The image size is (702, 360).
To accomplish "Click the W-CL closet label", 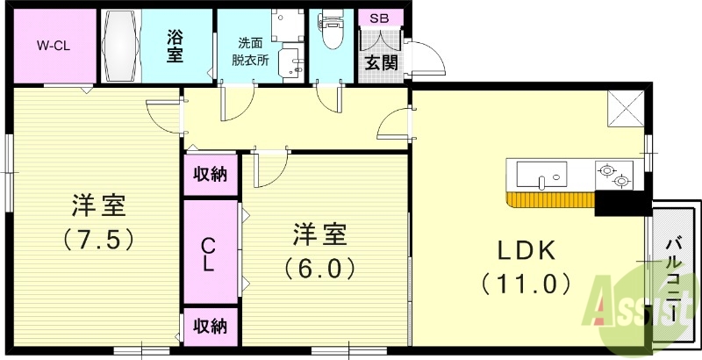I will tap(54, 45).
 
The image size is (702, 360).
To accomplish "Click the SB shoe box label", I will tap(381, 18).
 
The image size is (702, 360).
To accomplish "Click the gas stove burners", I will tap(614, 176).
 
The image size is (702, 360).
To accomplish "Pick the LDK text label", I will tap(526, 251).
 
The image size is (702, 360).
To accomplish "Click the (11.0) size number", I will tap(526, 284).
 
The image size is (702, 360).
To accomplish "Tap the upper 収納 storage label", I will tap(211, 174).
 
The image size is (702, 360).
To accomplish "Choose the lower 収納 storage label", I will tap(211, 327).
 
